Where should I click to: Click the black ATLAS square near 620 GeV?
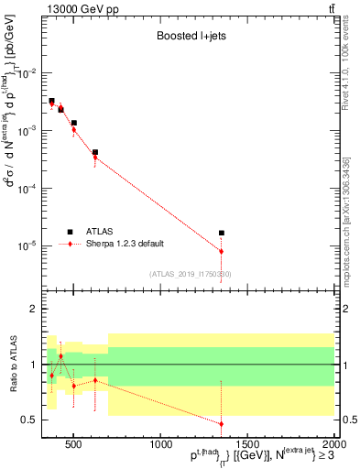coord(95,152)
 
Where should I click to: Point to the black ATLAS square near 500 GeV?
coord(74,123)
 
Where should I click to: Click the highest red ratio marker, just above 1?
coord(60,355)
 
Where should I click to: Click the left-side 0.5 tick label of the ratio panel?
coord(32,420)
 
